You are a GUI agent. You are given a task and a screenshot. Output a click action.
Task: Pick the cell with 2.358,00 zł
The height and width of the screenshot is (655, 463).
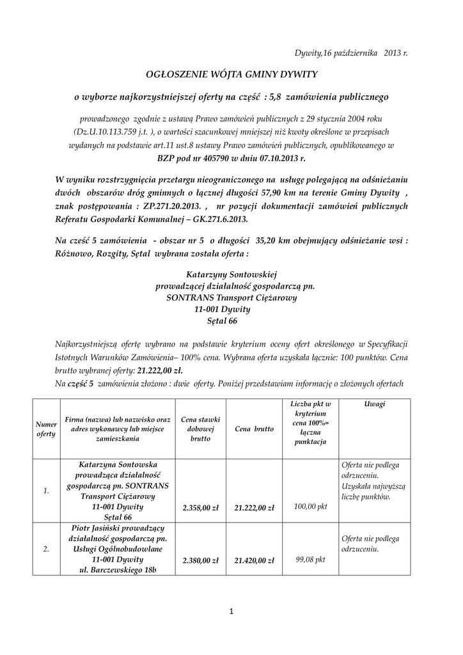click(200, 508)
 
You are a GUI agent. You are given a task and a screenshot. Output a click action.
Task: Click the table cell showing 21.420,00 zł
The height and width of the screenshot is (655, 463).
click(255, 560)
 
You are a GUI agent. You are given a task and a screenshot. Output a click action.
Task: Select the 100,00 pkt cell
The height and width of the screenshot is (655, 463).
click(311, 507)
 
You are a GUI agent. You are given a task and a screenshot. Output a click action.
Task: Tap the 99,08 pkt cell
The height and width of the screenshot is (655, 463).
click(311, 560)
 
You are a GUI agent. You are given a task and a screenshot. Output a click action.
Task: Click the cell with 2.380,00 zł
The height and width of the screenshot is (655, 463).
click(200, 560)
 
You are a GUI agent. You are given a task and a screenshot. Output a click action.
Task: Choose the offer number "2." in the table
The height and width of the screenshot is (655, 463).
click(46, 549)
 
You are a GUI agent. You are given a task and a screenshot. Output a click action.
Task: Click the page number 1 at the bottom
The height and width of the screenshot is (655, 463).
click(231, 612)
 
